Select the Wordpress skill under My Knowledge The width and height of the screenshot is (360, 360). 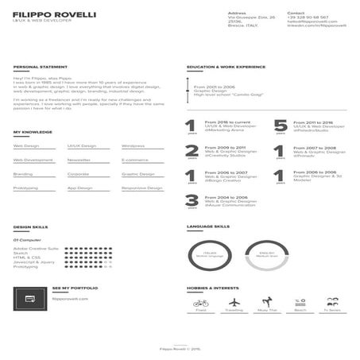133,146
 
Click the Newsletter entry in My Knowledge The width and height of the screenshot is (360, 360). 79,160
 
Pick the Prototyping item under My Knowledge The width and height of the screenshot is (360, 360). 25,188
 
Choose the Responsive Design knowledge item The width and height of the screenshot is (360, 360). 141,188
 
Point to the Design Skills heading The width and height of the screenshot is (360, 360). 30,227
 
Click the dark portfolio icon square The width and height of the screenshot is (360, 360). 29,298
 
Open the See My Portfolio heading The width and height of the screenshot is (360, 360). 75,288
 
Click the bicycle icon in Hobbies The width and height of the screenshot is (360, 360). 201,302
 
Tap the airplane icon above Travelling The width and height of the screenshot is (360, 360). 234,302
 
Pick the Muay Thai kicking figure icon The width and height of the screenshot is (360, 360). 267,302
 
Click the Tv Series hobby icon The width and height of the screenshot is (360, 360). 333,302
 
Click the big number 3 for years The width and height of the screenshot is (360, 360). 192,200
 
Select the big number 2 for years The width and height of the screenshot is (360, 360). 192,150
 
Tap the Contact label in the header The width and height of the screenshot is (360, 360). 295,13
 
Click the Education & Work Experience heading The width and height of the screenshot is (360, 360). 226,68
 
